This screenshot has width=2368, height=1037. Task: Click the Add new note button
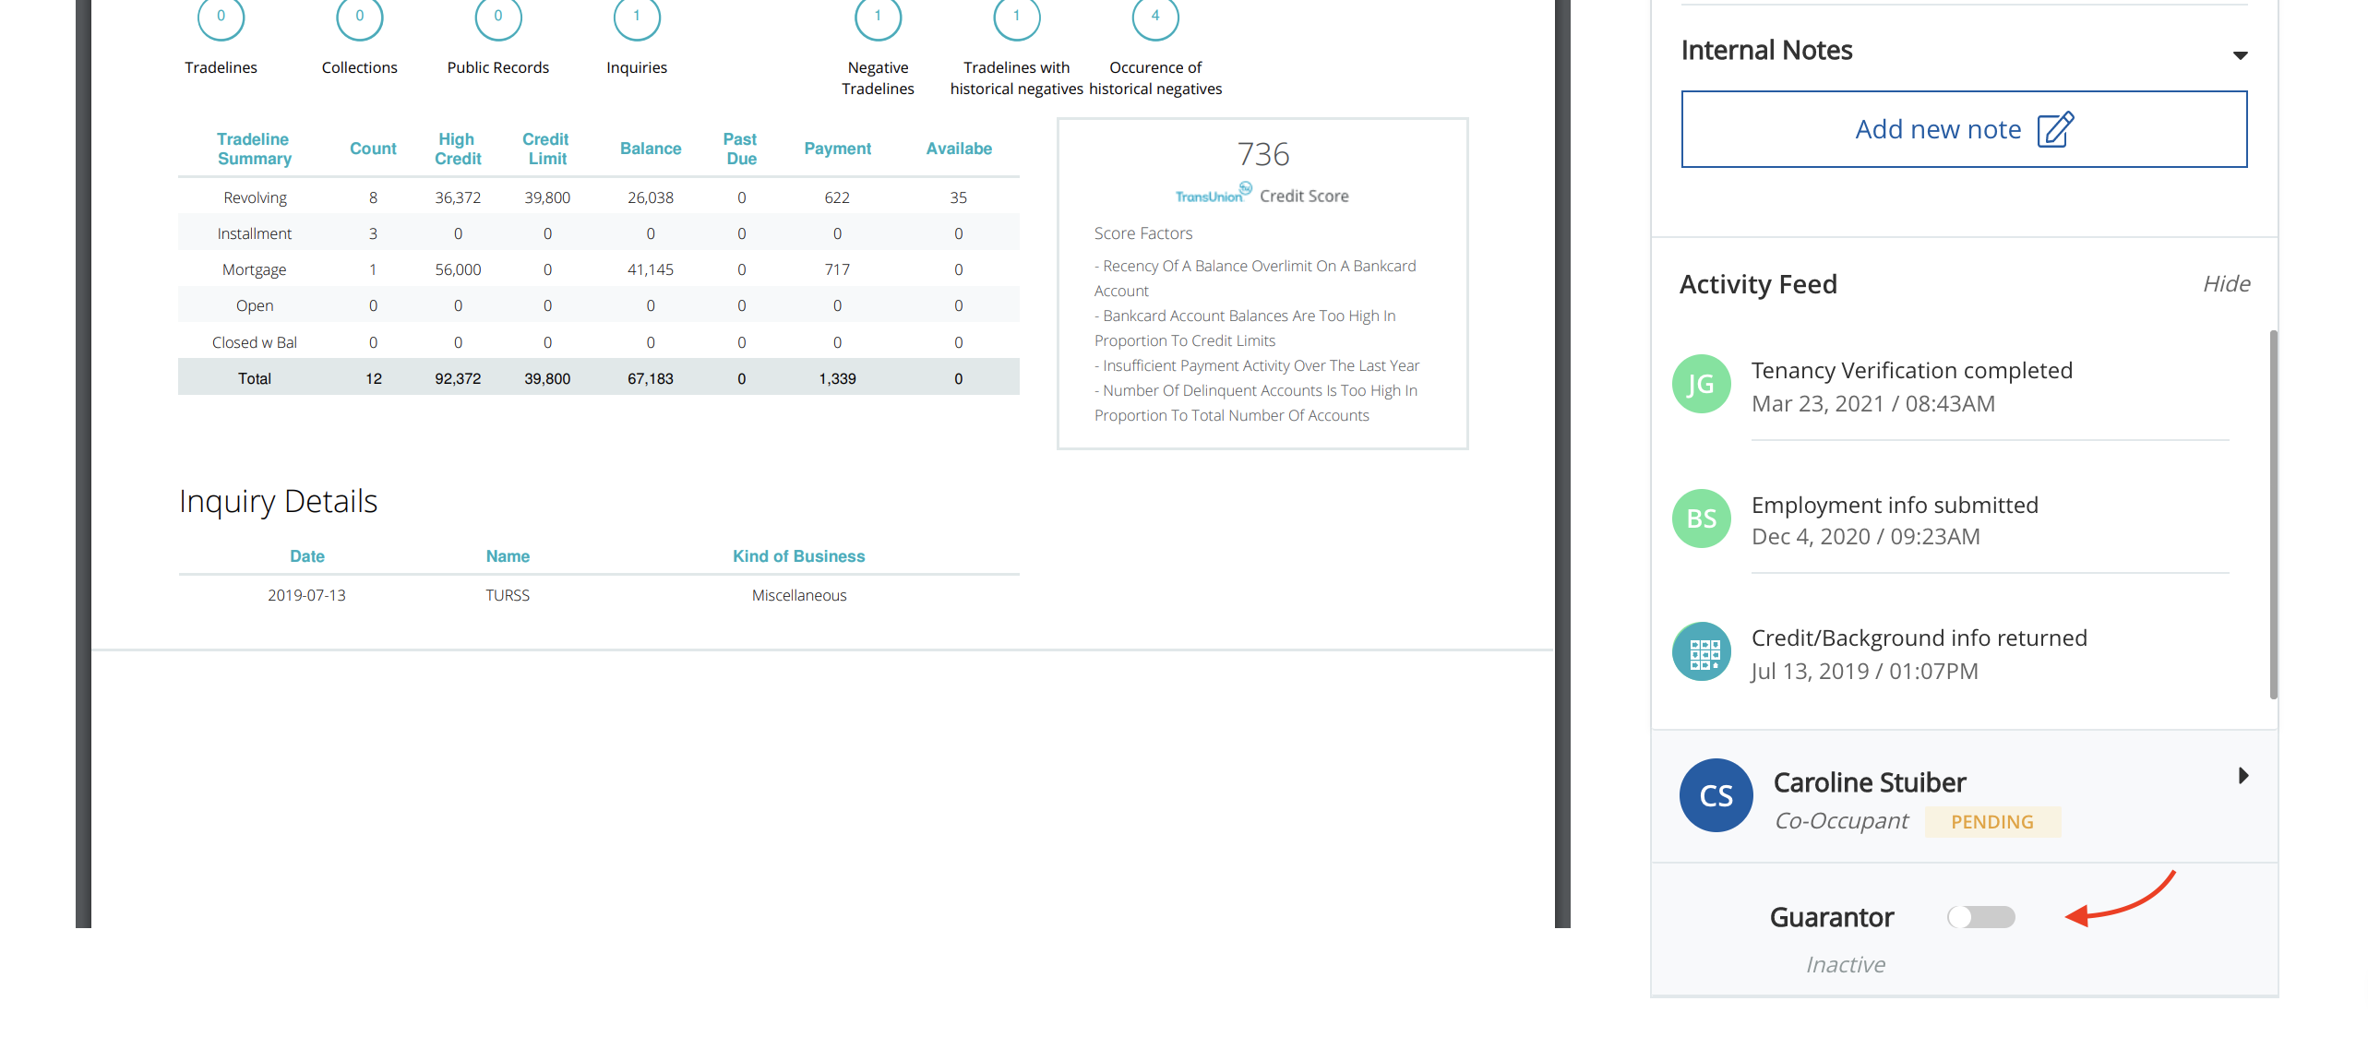pyautogui.click(x=1964, y=129)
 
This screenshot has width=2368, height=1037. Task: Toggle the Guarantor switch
pyautogui.click(x=1981, y=917)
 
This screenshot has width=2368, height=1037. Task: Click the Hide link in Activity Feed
pyautogui.click(x=2226, y=284)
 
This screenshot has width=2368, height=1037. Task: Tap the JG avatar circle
pyautogui.click(x=1701, y=384)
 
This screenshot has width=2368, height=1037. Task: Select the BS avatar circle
pyautogui.click(x=1701, y=518)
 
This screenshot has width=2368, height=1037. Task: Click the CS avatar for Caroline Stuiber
pyautogui.click(x=1716, y=795)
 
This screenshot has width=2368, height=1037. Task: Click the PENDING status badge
pyautogui.click(x=1992, y=822)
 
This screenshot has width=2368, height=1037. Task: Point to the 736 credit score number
pyautogui.click(x=1262, y=154)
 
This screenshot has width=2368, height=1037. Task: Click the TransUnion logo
pyautogui.click(x=1213, y=194)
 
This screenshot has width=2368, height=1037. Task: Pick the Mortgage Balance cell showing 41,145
pyautogui.click(x=651, y=269)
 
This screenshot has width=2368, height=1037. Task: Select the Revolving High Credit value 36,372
pyautogui.click(x=458, y=197)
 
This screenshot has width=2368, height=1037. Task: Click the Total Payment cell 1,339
pyautogui.click(x=837, y=378)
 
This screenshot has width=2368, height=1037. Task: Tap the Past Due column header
pyautogui.click(x=740, y=149)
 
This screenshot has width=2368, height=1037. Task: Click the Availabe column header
pyautogui.click(x=959, y=149)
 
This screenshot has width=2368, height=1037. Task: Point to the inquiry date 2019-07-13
pyautogui.click(x=306, y=595)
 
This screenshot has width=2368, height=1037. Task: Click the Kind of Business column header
pyautogui.click(x=798, y=556)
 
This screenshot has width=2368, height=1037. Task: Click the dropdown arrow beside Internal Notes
pyautogui.click(x=2240, y=55)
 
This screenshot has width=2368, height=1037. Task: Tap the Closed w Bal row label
pyautogui.click(x=255, y=342)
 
